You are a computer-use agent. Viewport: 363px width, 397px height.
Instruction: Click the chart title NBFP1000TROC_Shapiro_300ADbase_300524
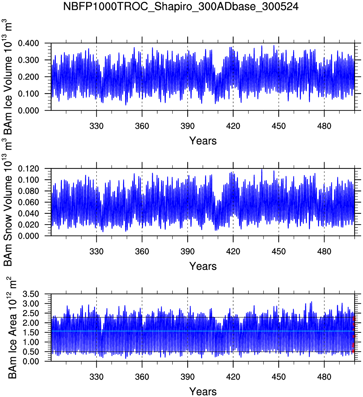(181, 6)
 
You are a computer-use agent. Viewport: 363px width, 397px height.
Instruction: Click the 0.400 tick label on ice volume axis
(28, 43)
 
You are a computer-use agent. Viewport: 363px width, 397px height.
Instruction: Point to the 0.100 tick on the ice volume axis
(28, 94)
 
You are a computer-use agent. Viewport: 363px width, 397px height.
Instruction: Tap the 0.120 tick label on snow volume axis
(28, 169)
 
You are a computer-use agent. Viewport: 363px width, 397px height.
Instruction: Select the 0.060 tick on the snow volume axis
(28, 202)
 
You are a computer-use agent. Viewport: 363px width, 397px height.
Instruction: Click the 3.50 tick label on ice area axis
(31, 294)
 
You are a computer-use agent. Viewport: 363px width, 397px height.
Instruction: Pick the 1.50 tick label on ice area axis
(31, 333)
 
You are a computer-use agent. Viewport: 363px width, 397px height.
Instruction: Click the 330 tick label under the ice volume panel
(96, 126)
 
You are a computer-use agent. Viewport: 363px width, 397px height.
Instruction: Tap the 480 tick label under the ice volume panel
(324, 126)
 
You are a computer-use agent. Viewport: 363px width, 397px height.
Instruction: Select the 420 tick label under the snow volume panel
(233, 252)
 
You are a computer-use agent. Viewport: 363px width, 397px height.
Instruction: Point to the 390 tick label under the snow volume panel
(188, 252)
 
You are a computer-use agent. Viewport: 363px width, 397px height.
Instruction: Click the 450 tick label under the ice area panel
(279, 377)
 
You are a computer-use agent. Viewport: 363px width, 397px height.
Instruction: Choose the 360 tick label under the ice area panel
(142, 377)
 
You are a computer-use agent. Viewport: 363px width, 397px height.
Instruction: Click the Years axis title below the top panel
(203, 141)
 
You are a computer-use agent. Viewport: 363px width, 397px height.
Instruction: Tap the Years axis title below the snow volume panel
(203, 266)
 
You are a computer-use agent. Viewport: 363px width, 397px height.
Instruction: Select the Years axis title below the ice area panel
(203, 392)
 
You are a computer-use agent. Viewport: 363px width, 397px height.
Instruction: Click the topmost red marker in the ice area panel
(354, 318)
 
